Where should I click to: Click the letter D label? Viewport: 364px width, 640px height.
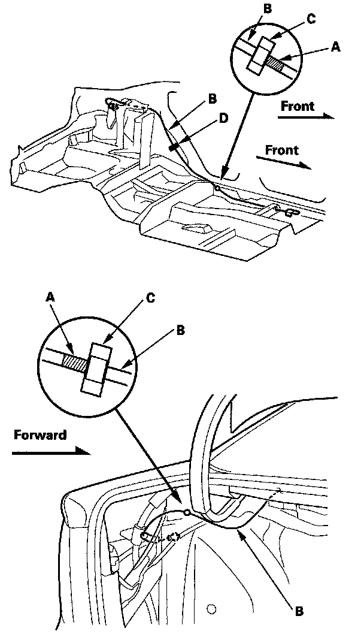click(x=223, y=118)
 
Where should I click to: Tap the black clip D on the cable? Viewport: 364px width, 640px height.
click(x=173, y=146)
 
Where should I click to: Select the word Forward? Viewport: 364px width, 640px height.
click(x=40, y=435)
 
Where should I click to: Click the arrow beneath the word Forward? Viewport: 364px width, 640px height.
click(x=51, y=454)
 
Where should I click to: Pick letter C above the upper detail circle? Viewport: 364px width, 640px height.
click(x=310, y=19)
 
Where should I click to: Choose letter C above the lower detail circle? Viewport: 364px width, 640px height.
click(x=151, y=297)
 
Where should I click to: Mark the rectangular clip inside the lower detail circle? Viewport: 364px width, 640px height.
click(x=98, y=369)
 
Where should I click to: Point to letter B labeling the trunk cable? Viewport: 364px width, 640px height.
click(x=299, y=612)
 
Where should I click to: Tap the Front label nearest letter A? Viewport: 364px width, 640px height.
click(x=298, y=107)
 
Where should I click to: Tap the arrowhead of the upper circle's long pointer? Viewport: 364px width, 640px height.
click(x=223, y=175)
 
